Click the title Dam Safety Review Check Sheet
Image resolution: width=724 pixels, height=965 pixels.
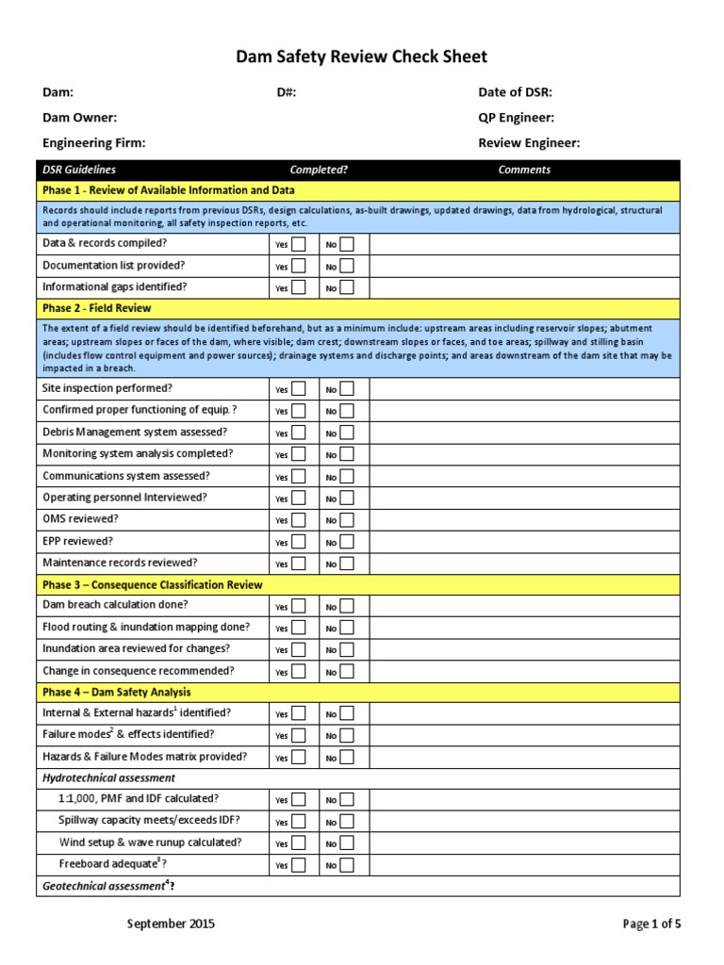(x=362, y=57)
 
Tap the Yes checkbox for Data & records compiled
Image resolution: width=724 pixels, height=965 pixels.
(x=298, y=244)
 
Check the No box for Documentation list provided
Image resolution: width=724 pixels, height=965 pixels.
(x=347, y=266)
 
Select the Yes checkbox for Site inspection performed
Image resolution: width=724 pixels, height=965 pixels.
(x=298, y=388)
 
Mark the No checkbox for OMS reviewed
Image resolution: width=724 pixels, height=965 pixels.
(x=347, y=519)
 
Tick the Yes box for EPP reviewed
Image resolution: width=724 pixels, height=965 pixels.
(x=298, y=542)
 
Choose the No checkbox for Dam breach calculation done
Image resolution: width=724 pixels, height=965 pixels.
(x=347, y=606)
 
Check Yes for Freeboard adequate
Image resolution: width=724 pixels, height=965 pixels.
(x=298, y=864)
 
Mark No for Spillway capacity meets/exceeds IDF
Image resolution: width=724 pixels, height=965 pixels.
(x=347, y=821)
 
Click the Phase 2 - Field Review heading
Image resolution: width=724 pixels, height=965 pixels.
(x=97, y=308)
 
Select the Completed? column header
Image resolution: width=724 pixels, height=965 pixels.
(x=319, y=170)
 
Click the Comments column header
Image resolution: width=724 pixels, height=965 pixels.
(x=524, y=170)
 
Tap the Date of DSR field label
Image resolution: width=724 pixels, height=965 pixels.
(x=516, y=92)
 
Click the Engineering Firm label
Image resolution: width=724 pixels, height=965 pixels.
(x=94, y=143)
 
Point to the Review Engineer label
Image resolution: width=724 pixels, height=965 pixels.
(x=529, y=143)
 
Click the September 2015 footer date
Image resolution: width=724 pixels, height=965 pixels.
(x=171, y=924)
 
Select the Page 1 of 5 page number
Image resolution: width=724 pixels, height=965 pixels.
(x=651, y=924)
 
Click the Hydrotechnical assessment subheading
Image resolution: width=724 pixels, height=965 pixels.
(x=109, y=777)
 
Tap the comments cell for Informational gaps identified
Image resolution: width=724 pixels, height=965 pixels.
(x=523, y=287)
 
